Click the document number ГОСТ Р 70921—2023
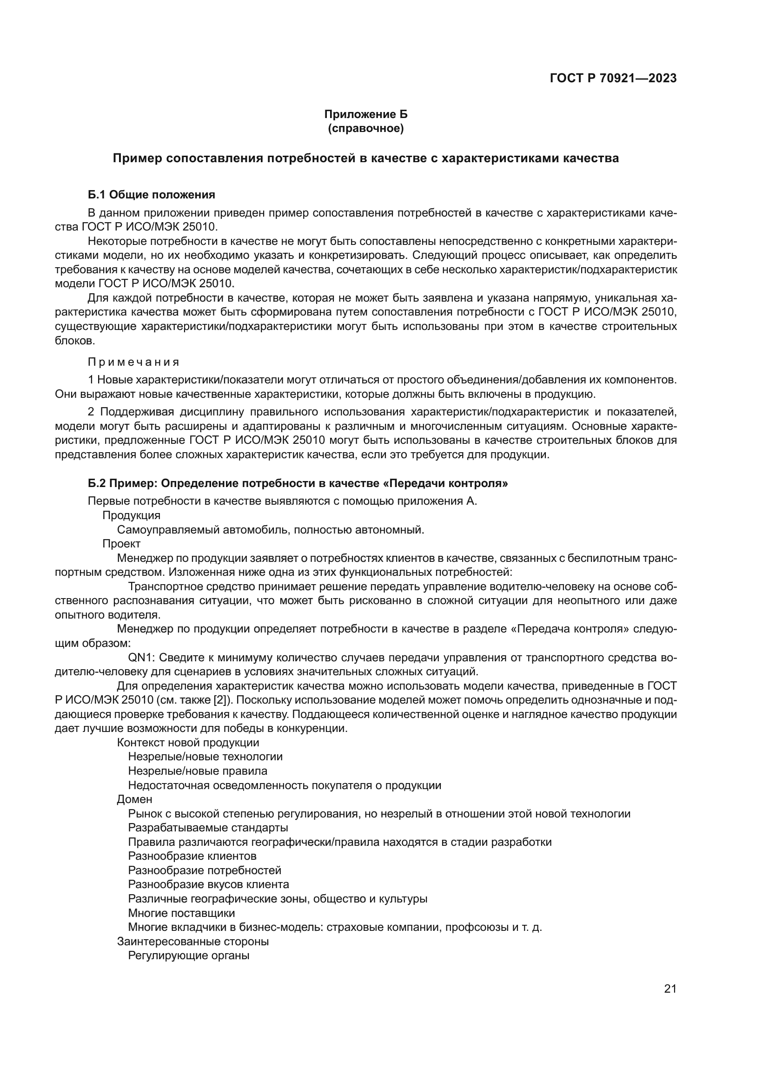tap(613, 79)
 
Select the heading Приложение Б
tap(365, 115)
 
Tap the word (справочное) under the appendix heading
tap(365, 129)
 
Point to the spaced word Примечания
tap(133, 362)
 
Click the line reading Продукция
tap(131, 515)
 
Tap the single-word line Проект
tap(121, 544)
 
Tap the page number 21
tap(670, 989)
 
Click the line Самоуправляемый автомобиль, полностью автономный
tap(271, 529)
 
